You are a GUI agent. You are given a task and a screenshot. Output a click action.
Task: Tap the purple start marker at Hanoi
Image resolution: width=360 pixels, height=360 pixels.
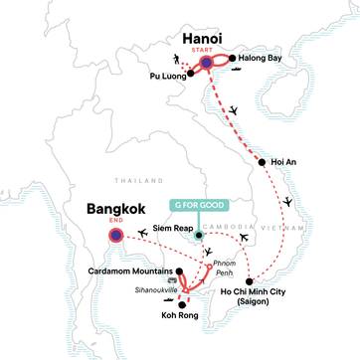pyautogui.click(x=207, y=63)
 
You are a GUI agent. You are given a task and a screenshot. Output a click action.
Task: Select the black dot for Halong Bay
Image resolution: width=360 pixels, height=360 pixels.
pyautogui.click(x=236, y=60)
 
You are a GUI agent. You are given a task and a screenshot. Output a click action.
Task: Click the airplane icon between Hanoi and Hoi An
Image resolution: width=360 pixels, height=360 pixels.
pyautogui.click(x=233, y=109)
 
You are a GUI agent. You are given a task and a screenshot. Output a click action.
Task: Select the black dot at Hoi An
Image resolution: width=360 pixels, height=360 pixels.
pyautogui.click(x=262, y=163)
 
